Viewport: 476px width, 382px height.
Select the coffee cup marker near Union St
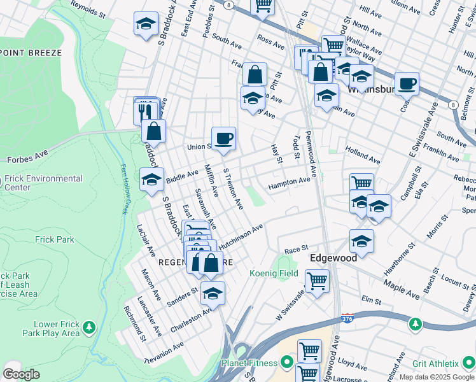(x=223, y=138)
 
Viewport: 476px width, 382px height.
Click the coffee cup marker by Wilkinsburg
(x=407, y=83)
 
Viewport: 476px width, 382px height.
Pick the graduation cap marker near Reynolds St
(x=146, y=24)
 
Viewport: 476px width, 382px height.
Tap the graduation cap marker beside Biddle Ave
(x=152, y=180)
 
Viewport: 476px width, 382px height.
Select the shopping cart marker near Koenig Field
(x=317, y=280)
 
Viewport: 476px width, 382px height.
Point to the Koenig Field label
(x=273, y=273)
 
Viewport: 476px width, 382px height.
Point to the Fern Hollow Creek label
(x=125, y=188)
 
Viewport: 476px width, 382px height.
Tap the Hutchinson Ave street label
(x=241, y=236)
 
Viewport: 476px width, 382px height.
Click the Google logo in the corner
(x=20, y=374)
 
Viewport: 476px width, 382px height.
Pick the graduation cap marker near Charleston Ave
(x=213, y=294)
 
